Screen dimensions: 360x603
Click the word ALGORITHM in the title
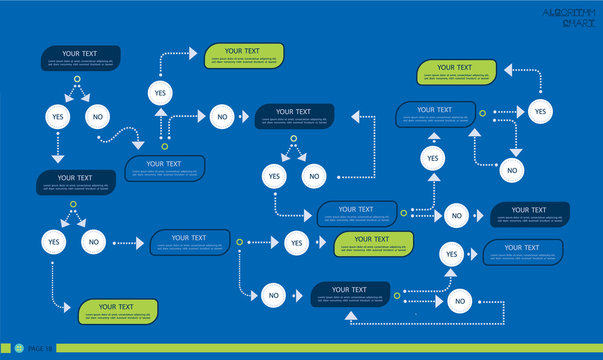(571, 12)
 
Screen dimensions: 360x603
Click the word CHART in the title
(578, 23)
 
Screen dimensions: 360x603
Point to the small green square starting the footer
(5, 347)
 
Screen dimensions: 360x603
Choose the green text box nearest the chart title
(455, 73)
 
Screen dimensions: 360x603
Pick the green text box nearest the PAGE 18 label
(118, 312)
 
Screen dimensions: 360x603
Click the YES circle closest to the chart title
(540, 110)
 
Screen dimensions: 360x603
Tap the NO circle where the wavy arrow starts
(97, 117)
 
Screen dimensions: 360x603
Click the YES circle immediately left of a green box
(296, 242)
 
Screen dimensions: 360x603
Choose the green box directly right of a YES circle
(373, 243)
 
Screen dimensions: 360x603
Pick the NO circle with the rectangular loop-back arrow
(459, 300)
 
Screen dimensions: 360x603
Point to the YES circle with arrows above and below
(432, 158)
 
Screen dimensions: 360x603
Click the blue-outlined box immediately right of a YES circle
(521, 252)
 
